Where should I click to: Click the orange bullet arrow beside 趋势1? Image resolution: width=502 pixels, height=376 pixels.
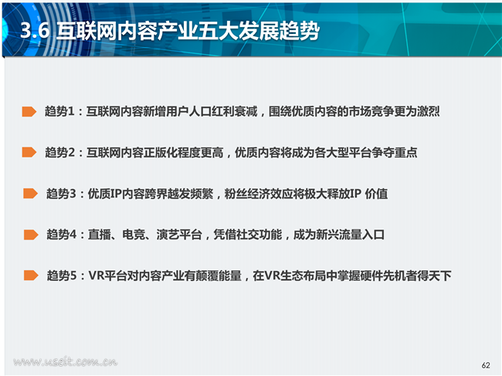pos(29,111)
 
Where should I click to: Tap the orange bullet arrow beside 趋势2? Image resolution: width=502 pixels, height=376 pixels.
pos(29,152)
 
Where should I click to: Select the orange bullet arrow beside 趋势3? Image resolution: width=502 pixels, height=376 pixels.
pos(30,193)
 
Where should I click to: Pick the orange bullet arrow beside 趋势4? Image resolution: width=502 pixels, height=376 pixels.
pos(31,235)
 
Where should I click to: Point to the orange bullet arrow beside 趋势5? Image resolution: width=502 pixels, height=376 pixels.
pos(31,275)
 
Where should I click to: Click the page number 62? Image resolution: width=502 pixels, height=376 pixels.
pos(486,365)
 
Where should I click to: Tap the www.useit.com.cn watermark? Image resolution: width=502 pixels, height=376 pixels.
pos(66,361)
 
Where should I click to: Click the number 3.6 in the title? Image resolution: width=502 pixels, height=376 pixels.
pos(35,31)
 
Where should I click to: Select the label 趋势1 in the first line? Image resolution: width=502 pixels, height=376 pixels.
pos(59,111)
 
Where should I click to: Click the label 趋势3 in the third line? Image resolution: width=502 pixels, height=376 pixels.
pos(61,194)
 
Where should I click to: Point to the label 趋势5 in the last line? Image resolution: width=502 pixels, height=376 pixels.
pos(62,276)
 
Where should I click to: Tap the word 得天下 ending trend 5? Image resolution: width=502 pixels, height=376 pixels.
pos(434,276)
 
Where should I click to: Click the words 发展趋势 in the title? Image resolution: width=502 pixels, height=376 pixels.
pos(279,31)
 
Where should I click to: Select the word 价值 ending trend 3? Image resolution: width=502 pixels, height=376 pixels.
pos(377,194)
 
